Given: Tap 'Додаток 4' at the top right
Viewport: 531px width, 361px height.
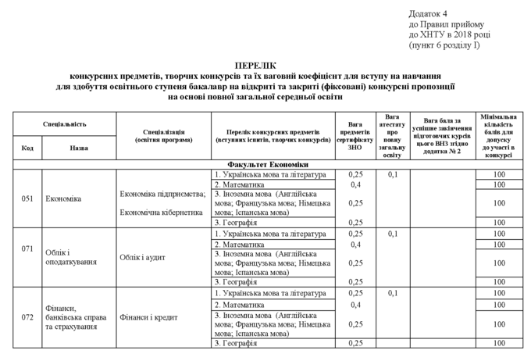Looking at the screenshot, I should point(428,14).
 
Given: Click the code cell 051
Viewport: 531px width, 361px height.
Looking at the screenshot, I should point(27,198).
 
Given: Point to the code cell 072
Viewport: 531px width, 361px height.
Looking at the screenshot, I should point(27,317).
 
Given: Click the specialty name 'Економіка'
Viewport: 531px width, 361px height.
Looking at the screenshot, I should point(63,198).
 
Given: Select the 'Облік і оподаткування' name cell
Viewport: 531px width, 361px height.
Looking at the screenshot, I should point(71,256).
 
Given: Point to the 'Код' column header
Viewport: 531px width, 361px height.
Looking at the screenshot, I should point(27,147).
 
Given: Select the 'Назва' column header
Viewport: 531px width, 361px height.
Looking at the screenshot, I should point(79,147).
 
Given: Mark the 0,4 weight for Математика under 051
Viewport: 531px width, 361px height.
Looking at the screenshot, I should point(355,184).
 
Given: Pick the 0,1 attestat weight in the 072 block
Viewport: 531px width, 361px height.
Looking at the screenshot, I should point(393,293).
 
